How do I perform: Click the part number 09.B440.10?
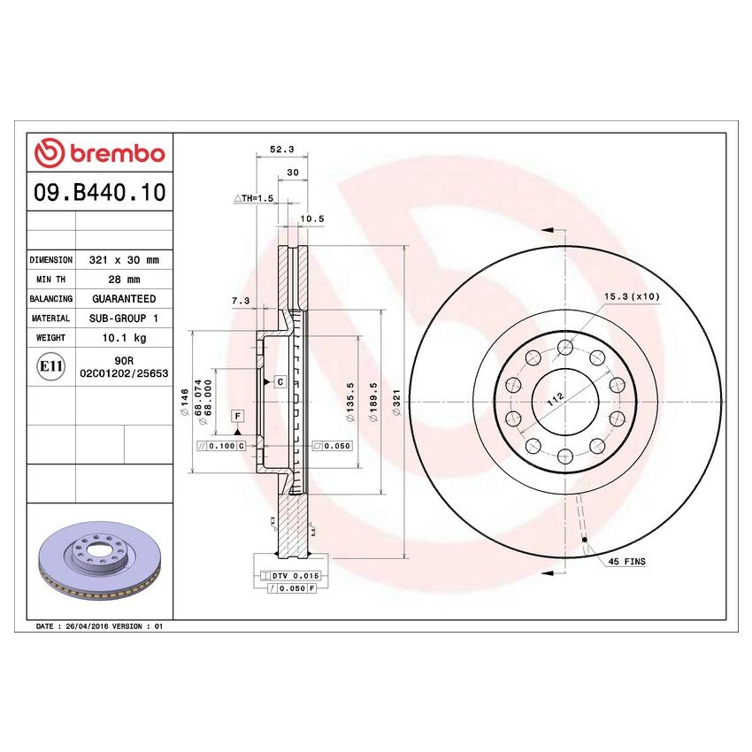coord(99,192)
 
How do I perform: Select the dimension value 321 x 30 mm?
coord(123,260)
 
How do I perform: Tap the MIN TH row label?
coord(51,280)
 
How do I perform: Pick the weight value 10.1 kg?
coord(123,338)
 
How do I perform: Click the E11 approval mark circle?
coord(51,367)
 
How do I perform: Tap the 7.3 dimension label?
coord(240,301)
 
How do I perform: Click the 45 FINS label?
coord(626,562)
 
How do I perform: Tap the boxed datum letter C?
coord(280,382)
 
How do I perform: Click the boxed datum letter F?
coord(237,416)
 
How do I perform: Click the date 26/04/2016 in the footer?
coord(87,625)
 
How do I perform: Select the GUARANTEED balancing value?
coord(123,299)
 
